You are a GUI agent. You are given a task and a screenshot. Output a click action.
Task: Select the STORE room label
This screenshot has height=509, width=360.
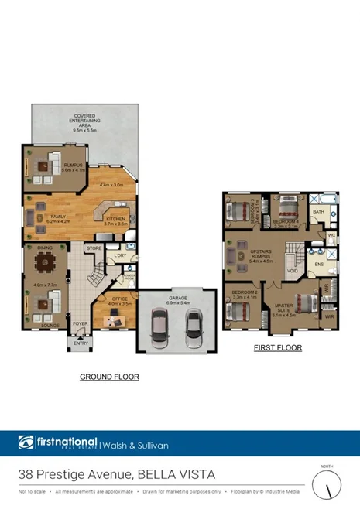pos(94,248)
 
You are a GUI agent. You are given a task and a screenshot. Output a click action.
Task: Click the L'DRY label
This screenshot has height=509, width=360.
pos(119,255)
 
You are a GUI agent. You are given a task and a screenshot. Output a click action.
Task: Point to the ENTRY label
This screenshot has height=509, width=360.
pos(81,343)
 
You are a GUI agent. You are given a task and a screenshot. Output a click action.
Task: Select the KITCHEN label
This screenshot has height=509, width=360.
pos(115,219)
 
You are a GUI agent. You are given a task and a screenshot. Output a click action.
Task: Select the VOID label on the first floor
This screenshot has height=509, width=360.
pos(293,271)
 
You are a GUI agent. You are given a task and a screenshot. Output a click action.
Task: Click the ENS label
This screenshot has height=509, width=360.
pos(318,265)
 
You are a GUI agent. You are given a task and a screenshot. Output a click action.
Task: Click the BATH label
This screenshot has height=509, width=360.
pos(318,210)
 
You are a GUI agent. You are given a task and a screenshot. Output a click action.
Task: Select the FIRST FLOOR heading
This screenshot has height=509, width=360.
pos(278,348)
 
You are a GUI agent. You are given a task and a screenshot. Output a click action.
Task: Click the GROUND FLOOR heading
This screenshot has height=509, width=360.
pos(109,377)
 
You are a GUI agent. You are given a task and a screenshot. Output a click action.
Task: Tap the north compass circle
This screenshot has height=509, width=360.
pos(328,486)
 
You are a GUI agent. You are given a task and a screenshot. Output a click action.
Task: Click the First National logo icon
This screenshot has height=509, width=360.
pos(26,442)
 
